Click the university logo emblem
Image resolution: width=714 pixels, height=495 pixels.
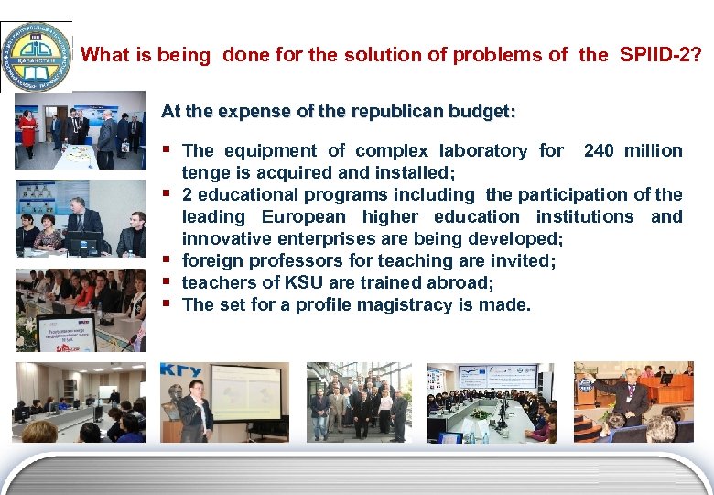click(35, 55)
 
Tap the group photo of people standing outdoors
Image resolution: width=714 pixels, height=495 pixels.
click(358, 403)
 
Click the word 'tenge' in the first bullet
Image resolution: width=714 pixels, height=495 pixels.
click(205, 172)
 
